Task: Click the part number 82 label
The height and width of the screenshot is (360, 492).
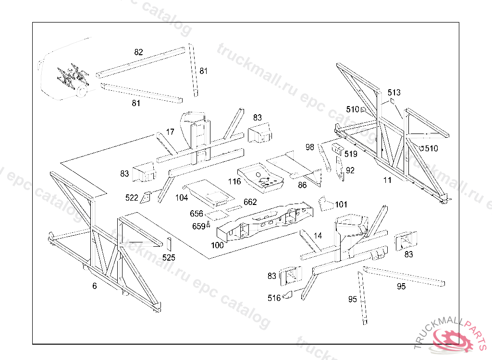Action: point(138,52)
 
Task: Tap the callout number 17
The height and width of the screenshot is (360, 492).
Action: point(170,132)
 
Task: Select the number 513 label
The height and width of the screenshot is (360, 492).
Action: point(394,93)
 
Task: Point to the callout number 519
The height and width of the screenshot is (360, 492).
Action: point(351,154)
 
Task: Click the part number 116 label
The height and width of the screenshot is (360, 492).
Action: point(234,181)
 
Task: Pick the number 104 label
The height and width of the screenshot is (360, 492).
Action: point(181,198)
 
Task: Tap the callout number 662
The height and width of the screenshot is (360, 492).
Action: point(250,202)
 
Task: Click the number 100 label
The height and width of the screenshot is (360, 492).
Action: point(217,245)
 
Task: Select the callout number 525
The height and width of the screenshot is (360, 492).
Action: point(169,258)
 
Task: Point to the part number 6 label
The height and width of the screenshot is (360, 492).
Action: point(95,286)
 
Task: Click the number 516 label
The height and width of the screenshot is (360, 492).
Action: point(274,298)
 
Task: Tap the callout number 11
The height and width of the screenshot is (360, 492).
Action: point(388,180)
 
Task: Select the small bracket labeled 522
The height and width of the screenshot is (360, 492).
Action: point(146,198)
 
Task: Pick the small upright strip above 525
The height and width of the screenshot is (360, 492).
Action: point(169,244)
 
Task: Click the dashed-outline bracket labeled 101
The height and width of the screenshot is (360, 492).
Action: point(326,204)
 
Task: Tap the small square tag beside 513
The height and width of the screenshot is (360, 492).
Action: point(392,101)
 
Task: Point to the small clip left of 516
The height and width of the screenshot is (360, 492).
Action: point(287,295)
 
